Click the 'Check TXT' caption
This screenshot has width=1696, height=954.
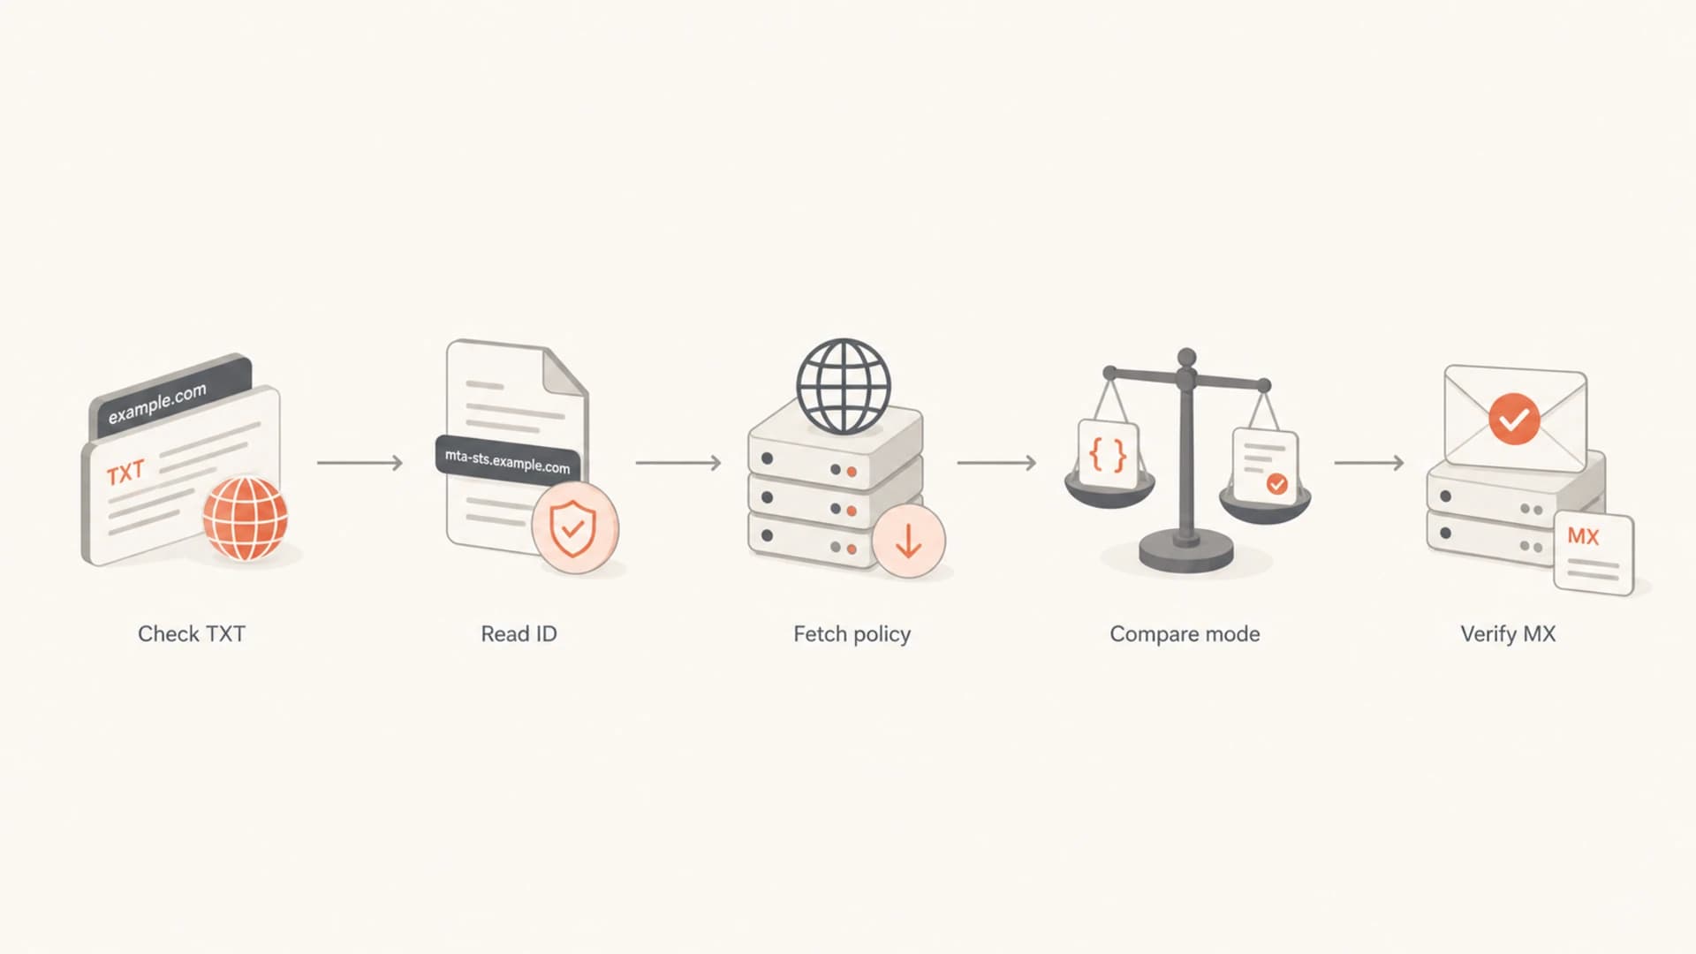[192, 633]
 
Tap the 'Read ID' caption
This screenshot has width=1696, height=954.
[519, 633]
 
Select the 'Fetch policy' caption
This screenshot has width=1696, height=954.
[852, 634]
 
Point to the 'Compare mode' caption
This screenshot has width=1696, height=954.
[1185, 634]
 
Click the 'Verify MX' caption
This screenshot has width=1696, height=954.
[1508, 634]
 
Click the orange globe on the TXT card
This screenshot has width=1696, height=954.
[246, 519]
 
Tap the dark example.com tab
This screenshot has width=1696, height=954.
[170, 395]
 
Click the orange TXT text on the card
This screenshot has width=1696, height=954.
[125, 473]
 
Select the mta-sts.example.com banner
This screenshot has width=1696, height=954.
[508, 459]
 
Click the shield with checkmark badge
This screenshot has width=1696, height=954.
[574, 527]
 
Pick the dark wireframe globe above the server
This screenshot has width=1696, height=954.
[844, 386]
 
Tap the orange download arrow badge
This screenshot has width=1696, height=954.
[908, 541]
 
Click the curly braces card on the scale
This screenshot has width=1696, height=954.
[1108, 453]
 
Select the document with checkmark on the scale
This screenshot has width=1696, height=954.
[1266, 466]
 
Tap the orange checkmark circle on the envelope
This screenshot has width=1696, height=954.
[1514, 419]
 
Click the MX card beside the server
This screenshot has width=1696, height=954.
[1594, 553]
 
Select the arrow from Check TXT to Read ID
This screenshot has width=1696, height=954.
[360, 462]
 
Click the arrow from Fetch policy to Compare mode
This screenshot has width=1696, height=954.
[996, 462]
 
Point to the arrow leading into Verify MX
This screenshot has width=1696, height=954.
[1369, 462]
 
